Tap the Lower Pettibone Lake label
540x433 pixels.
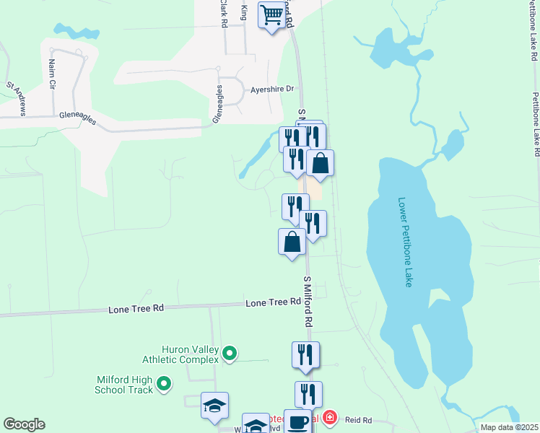click(404, 242)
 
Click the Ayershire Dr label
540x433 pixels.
click(272, 89)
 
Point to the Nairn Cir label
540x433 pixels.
click(51, 74)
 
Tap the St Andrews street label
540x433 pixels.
click(17, 98)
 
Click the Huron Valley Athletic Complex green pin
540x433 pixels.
click(230, 354)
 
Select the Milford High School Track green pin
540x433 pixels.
click(164, 384)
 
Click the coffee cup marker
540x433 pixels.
click(297, 421)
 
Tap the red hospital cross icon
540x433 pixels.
click(329, 418)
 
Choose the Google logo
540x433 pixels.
click(24, 424)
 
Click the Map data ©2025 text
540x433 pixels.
click(509, 427)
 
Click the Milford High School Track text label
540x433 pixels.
click(124, 384)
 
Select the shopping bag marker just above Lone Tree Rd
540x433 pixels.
click(292, 242)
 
